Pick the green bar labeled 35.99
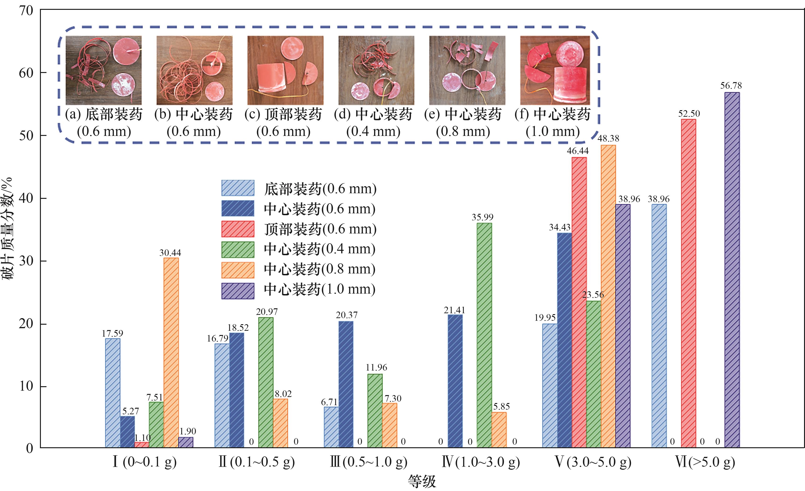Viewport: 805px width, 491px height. [484, 335]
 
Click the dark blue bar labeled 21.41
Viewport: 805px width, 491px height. [455, 381]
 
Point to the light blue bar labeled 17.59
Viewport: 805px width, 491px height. [112, 393]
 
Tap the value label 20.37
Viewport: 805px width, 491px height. [347, 315]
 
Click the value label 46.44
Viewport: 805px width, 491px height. [578, 151]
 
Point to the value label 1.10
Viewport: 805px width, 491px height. [142, 438]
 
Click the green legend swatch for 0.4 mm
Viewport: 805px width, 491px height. [238, 250]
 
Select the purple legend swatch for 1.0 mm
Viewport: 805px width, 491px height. [238, 291]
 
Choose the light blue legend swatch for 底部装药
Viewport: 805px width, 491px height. [238, 188]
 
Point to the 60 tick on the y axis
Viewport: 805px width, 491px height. [26, 73]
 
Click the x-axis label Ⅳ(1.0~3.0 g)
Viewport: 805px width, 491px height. [481, 462]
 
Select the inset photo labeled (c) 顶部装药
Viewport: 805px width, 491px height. [285, 70]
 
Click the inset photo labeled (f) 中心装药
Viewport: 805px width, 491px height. [555, 70]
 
